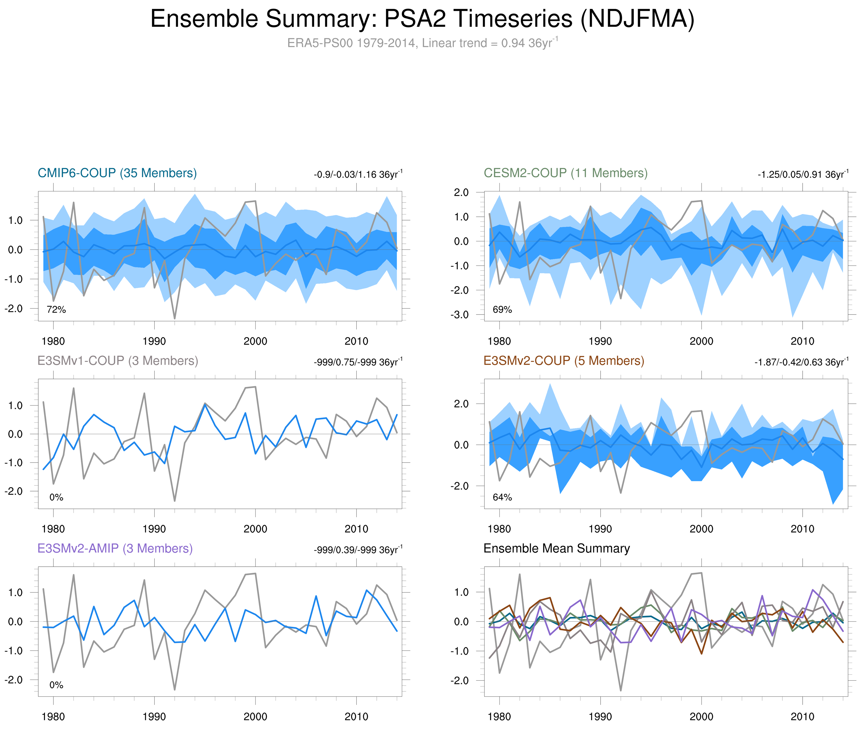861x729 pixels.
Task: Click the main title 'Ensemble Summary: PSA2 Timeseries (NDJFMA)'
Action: [x=422, y=19]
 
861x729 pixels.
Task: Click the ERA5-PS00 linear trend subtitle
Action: [x=422, y=43]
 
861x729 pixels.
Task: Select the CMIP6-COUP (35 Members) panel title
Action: [x=117, y=173]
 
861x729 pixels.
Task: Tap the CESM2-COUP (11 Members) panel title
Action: [x=565, y=173]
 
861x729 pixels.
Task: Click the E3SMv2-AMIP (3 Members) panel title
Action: [x=115, y=548]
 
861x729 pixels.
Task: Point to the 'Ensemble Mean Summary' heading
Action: [x=556, y=548]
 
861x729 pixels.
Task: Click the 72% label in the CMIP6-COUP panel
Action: [x=56, y=310]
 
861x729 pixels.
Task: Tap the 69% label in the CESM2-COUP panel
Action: [x=502, y=310]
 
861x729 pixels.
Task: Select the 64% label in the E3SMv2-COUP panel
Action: [x=502, y=497]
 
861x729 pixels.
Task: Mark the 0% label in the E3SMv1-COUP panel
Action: [x=56, y=497]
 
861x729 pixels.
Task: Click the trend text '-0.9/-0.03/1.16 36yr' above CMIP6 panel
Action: [x=358, y=174]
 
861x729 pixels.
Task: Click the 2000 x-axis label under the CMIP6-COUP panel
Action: [x=255, y=341]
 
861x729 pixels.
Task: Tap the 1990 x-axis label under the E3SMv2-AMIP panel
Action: [x=154, y=717]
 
